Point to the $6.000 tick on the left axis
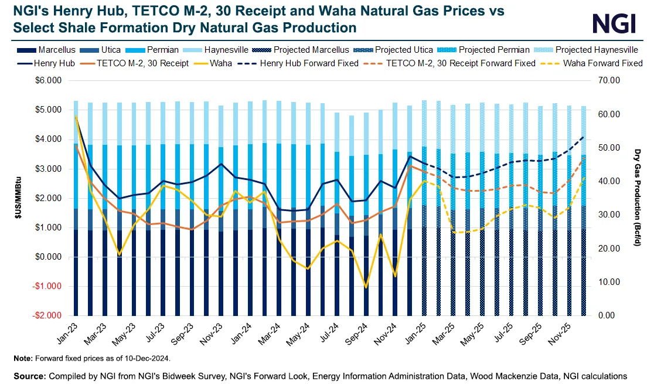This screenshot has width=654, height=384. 50,81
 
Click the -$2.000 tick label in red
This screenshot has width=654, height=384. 49,315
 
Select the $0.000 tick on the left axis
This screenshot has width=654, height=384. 50,257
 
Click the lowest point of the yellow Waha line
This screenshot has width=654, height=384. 366,287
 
